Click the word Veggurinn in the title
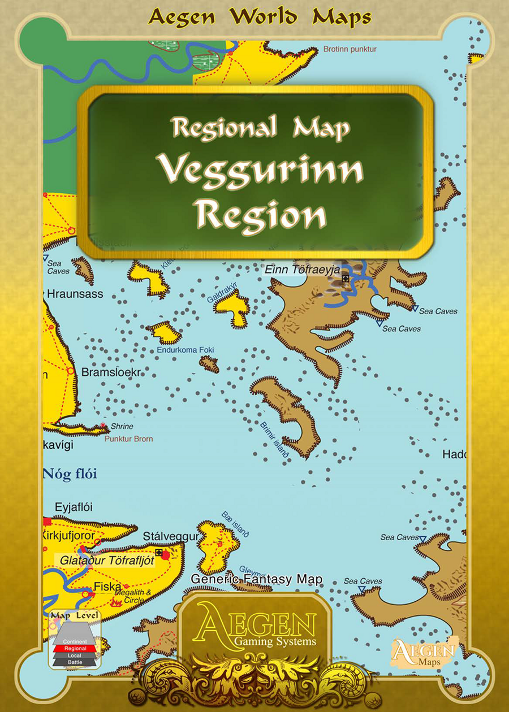point(260,170)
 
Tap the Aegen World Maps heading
point(260,17)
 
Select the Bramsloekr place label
point(110,373)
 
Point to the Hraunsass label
point(75,294)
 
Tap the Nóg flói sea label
point(70,474)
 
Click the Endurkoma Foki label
point(186,350)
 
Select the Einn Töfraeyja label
point(303,270)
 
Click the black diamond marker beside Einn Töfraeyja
point(346,278)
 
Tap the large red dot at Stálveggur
point(165,556)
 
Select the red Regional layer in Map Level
point(75,649)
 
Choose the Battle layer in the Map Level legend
point(75,662)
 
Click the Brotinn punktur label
point(350,49)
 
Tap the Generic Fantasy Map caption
point(256,579)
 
